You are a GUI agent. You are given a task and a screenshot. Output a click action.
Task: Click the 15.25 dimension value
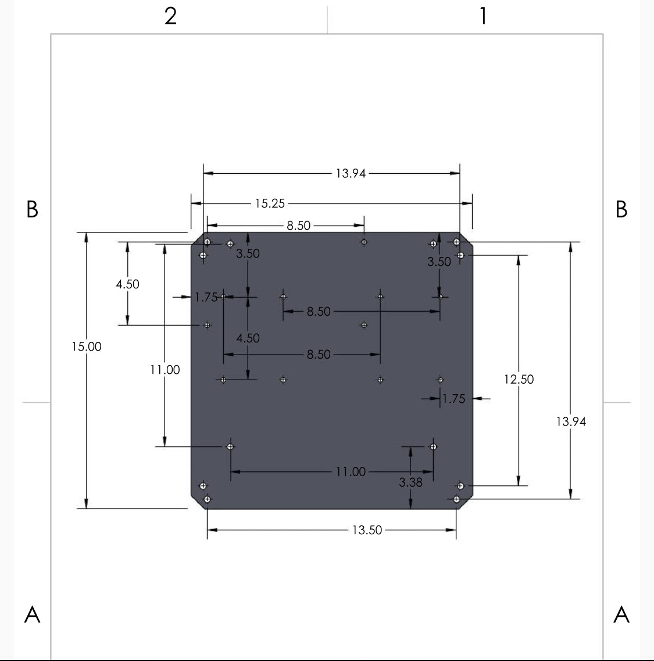pos(270,203)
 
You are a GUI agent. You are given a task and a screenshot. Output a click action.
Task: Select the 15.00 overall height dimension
pos(87,346)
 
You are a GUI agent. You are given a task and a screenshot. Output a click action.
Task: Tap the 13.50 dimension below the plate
pos(367,530)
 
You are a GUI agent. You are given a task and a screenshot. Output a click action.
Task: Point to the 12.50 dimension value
pos(519,379)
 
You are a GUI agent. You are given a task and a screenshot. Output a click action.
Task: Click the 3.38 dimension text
pos(410,482)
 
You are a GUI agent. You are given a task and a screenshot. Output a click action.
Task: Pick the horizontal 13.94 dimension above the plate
pos(351,173)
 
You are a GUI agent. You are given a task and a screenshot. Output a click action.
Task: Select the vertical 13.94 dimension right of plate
pos(571,421)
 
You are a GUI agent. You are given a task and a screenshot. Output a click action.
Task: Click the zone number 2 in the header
pos(170,16)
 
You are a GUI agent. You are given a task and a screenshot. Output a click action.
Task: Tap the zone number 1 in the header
pos(483,16)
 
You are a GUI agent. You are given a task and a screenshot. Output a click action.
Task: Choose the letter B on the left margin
pos(33,209)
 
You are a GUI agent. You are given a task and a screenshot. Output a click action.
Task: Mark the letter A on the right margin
pos(621,614)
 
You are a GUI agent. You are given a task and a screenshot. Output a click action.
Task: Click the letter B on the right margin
pos(621,209)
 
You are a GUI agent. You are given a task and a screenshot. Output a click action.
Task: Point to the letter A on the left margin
pos(33,614)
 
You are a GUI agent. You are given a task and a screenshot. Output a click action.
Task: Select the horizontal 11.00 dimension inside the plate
pos(351,471)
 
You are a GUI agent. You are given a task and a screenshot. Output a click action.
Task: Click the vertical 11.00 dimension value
pos(165,370)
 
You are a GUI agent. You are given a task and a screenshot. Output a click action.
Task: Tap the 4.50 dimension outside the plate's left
pos(127,284)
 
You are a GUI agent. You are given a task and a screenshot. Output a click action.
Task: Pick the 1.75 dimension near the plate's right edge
pos(453,399)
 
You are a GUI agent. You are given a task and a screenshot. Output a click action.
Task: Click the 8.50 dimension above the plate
pos(298,226)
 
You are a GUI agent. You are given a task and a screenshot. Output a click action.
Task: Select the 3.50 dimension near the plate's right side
pos(439,262)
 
